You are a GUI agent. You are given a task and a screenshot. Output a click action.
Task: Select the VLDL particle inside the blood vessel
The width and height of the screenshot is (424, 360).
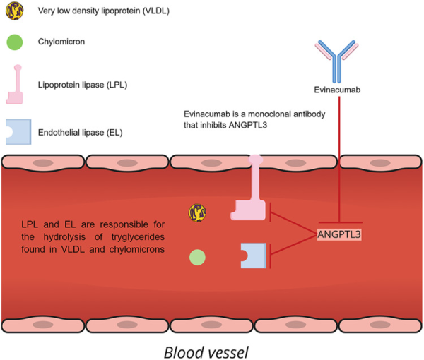tap(197, 212)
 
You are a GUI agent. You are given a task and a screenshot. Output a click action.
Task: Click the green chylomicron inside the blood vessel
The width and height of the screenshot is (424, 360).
tap(197, 257)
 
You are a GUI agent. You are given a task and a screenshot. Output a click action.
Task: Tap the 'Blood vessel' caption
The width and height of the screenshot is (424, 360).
tap(211, 351)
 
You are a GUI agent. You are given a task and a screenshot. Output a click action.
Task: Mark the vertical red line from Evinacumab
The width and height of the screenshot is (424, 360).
tap(340, 155)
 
